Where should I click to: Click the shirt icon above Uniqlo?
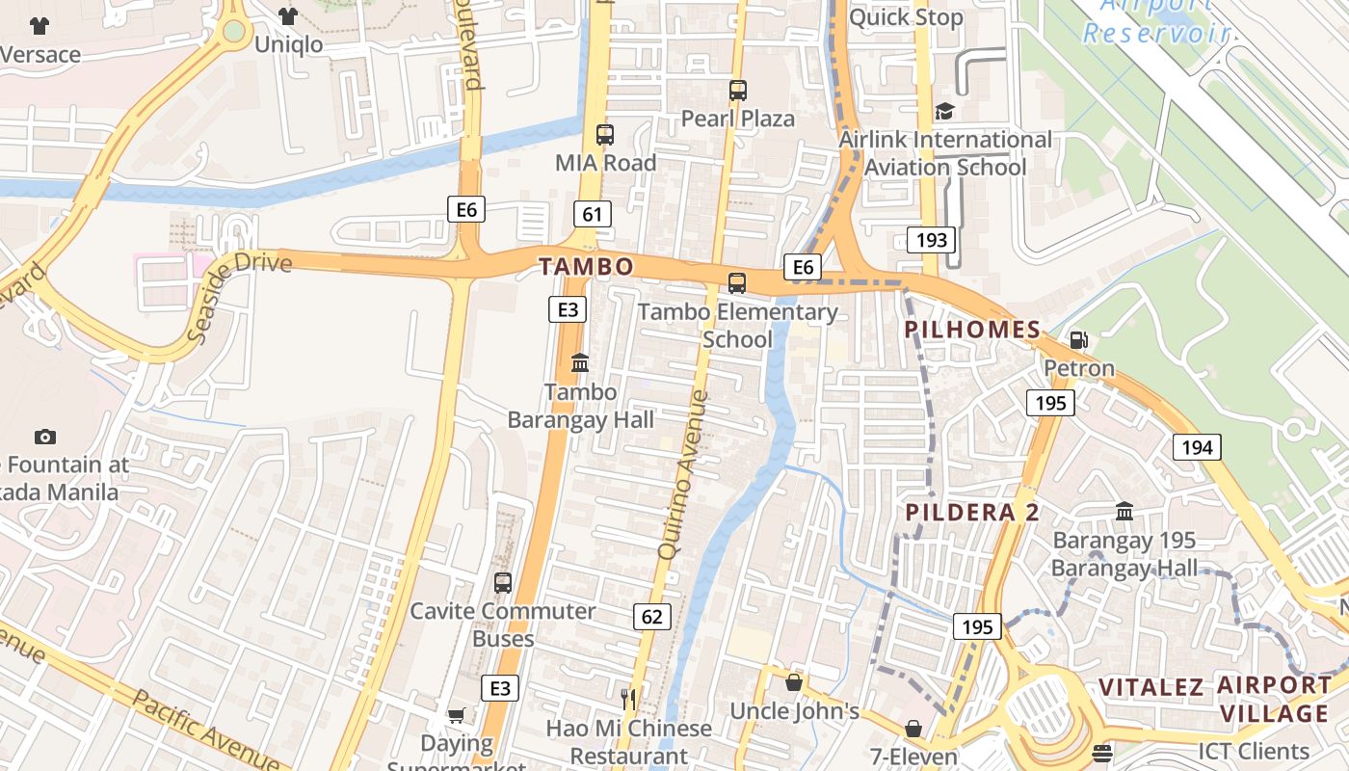(287, 15)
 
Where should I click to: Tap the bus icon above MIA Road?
(605, 135)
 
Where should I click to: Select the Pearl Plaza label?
(738, 119)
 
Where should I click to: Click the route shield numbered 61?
(592, 214)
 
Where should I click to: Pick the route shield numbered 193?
(932, 240)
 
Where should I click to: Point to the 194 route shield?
(1197, 447)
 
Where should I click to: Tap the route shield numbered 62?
(652, 616)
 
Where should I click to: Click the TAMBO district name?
(586, 267)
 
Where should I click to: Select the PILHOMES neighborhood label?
(973, 331)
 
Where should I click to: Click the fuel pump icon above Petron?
(1079, 340)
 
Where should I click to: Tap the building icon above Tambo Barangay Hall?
(580, 363)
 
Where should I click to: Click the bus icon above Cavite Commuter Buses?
(503, 583)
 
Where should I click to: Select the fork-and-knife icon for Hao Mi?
(628, 699)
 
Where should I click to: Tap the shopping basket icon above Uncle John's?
(794, 682)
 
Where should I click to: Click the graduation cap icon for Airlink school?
(944, 112)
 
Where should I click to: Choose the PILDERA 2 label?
(973, 513)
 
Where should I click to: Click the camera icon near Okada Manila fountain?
(45, 438)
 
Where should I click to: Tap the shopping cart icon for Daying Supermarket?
(457, 715)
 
